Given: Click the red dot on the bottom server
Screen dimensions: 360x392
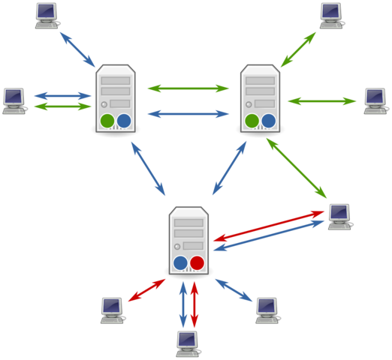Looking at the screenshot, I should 197,262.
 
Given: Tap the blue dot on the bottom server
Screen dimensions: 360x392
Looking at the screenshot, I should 180,262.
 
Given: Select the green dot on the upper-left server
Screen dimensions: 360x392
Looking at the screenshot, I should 107,121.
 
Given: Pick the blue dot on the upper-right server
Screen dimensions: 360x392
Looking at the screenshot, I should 268,121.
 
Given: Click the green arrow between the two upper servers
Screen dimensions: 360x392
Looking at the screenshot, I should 188,88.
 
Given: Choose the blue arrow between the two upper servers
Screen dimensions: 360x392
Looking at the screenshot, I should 188,114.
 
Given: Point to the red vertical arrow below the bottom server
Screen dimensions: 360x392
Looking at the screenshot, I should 194,304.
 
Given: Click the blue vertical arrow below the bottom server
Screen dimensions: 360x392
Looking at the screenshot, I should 182,304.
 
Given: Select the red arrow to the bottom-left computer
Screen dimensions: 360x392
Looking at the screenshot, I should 146,290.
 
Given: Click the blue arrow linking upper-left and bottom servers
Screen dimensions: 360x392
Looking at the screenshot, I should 148,169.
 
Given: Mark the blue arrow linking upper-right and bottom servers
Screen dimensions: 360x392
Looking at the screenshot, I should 230,168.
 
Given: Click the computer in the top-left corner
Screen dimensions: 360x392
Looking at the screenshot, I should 47,15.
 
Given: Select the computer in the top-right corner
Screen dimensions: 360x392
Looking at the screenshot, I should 331,14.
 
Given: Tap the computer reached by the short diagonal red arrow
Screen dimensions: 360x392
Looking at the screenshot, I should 112,310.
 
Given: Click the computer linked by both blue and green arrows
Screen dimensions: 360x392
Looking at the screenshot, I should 14,100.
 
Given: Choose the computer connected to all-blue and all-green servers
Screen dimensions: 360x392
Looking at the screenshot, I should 339,216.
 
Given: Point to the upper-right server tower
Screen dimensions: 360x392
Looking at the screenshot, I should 260,98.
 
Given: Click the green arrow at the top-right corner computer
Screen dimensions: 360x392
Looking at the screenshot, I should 298,49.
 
